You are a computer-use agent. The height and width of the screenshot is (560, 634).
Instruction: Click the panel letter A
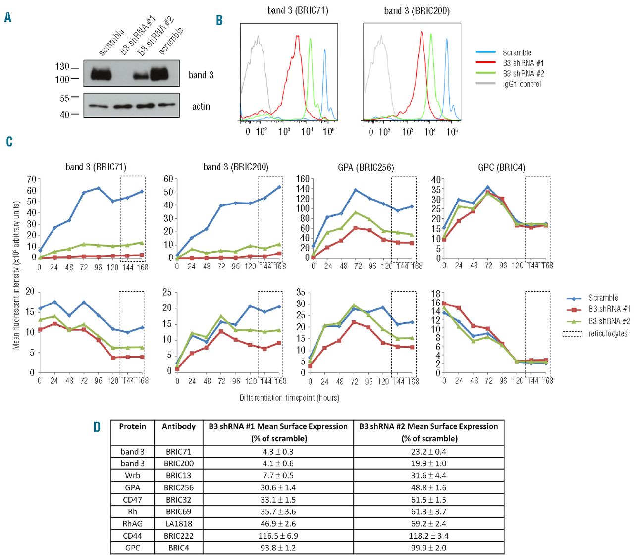click(x=7, y=18)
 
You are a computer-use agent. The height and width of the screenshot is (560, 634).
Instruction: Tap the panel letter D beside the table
click(x=97, y=427)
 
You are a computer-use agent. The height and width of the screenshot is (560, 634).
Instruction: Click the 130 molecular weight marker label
click(x=62, y=67)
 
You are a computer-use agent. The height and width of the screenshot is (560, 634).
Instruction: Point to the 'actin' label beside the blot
click(x=201, y=106)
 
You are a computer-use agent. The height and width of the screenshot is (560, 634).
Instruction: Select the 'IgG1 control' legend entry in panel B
click(x=522, y=84)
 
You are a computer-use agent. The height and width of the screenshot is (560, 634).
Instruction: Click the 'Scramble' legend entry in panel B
click(x=517, y=53)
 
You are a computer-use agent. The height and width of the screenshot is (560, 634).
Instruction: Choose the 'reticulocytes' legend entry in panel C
click(x=608, y=334)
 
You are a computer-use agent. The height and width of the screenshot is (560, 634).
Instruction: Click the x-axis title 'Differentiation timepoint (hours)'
click(x=289, y=398)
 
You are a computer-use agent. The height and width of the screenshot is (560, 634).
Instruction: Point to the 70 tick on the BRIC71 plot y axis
click(x=31, y=179)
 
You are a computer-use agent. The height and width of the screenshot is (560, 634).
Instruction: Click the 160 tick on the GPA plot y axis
click(x=303, y=179)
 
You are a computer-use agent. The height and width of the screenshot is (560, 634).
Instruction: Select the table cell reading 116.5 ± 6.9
click(x=277, y=536)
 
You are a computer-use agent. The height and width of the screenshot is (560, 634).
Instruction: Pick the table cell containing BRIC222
click(x=178, y=536)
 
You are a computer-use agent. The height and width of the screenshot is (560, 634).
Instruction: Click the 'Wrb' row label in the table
click(x=132, y=475)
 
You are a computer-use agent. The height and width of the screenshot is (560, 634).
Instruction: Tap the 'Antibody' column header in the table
click(x=178, y=427)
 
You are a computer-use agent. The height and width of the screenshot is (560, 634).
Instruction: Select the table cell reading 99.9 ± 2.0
click(x=428, y=548)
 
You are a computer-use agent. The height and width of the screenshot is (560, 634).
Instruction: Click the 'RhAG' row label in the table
click(x=132, y=524)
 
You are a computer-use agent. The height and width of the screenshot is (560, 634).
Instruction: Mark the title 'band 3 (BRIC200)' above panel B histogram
click(x=417, y=11)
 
